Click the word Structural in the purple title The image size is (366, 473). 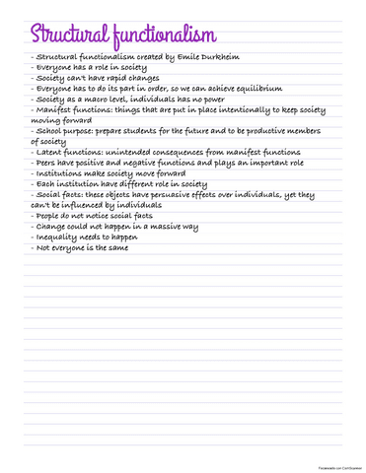click(x=59, y=35)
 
